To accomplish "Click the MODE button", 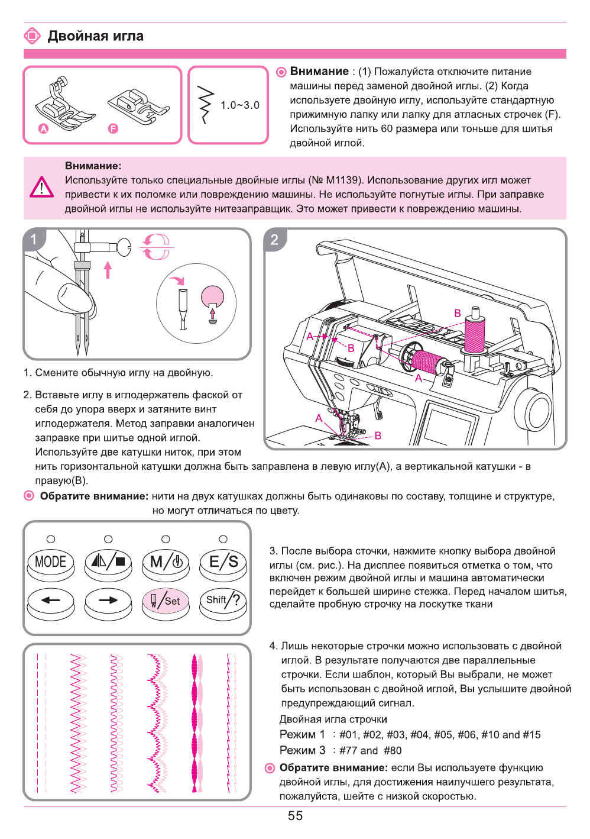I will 51,562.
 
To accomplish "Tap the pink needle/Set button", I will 166,601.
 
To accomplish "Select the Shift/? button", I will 223,601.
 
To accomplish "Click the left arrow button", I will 51,601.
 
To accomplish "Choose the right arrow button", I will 108,601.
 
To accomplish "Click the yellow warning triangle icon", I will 42,188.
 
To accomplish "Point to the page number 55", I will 295,816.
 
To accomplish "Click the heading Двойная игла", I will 95,36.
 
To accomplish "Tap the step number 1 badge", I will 34,240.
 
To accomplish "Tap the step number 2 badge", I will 274,240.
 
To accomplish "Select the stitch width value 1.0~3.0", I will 239,105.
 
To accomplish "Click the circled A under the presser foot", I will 43,128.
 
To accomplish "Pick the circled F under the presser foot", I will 113,128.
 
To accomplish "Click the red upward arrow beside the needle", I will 108,270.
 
